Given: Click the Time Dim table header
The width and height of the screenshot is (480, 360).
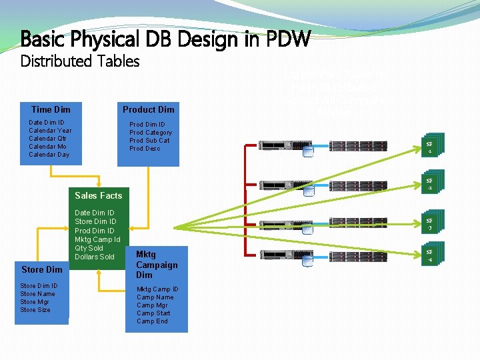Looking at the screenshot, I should pyautogui.click(x=51, y=109).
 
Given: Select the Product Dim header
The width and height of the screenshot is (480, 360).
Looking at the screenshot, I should pyautogui.click(x=148, y=109).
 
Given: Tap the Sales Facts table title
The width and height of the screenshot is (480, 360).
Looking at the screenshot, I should pyautogui.click(x=99, y=195).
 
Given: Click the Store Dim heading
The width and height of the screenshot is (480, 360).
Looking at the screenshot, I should pyautogui.click(x=41, y=269).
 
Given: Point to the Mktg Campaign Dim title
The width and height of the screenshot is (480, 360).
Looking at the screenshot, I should pyautogui.click(x=157, y=264).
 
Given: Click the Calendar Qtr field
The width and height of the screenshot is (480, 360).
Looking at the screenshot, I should pyautogui.click(x=47, y=139).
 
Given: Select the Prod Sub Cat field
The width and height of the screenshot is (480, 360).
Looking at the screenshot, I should pyautogui.click(x=149, y=141).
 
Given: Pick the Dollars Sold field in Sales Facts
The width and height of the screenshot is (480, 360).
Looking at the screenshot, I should pyautogui.click(x=95, y=257).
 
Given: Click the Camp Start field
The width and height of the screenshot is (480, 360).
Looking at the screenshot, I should pyautogui.click(x=153, y=313).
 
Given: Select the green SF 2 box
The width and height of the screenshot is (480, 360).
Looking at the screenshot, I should pyautogui.click(x=430, y=185).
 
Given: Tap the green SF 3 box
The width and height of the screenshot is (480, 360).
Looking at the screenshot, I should pyautogui.click(x=430, y=224).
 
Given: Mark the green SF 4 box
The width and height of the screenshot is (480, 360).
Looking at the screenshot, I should pyautogui.click(x=430, y=256).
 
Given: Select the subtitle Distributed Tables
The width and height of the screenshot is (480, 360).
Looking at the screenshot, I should pyautogui.click(x=80, y=61).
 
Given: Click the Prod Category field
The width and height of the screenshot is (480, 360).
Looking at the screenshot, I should pyautogui.click(x=151, y=133).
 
